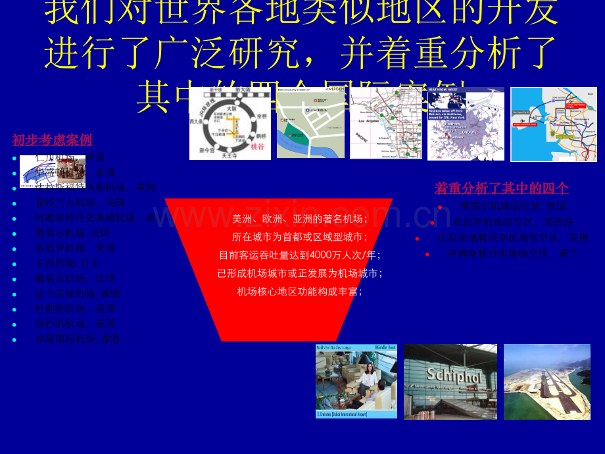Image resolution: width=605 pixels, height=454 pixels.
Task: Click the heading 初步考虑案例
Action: click(52, 140)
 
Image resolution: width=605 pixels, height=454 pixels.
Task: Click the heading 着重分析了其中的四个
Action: click(501, 189)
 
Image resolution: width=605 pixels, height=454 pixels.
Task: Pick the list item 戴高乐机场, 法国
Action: click(75, 278)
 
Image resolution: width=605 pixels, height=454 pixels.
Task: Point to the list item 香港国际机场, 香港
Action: click(77, 340)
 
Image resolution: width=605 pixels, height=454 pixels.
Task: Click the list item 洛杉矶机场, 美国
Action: click(75, 324)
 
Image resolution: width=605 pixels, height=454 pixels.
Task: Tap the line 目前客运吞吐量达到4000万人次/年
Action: click(299, 255)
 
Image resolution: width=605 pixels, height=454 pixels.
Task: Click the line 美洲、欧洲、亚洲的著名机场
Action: click(299, 219)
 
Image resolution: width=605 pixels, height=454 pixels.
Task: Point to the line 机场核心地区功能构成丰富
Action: click(299, 291)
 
